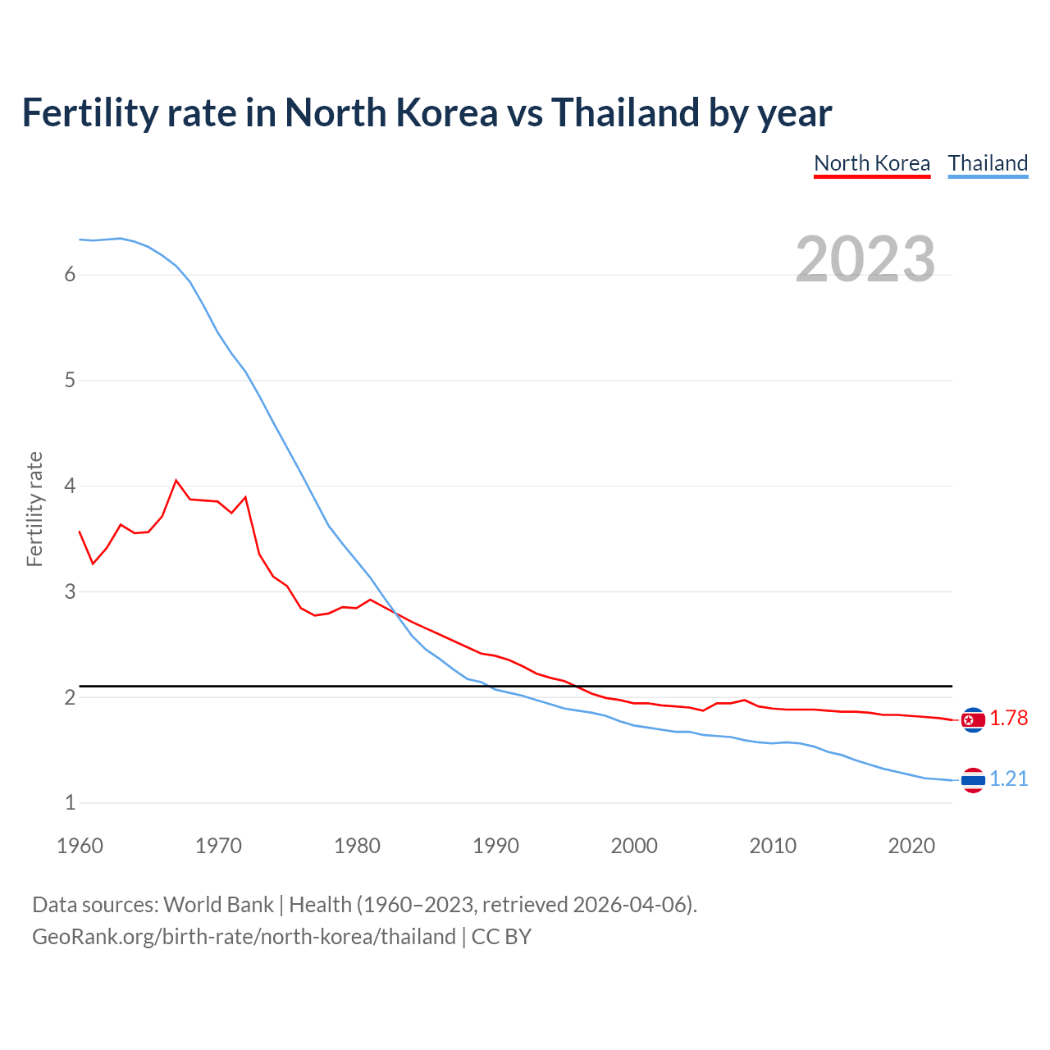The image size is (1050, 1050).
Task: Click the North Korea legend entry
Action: click(872, 163)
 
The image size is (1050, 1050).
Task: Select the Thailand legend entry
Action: click(988, 163)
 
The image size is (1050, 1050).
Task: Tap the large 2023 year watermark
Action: click(865, 259)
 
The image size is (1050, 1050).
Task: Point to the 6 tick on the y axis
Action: click(70, 275)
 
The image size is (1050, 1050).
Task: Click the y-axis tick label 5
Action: click(70, 381)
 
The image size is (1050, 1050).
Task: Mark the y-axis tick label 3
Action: click(70, 591)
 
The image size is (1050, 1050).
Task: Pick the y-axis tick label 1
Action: click(70, 803)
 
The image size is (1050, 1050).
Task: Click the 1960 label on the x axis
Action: click(80, 846)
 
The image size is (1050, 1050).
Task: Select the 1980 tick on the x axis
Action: click(357, 846)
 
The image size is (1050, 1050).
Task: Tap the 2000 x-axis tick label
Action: click(634, 846)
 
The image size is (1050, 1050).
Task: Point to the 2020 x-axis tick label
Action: click(911, 846)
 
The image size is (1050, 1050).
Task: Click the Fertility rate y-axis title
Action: click(34, 509)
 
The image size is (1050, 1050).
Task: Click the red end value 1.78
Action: click(1008, 719)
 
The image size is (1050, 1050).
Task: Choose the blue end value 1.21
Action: click(1008, 779)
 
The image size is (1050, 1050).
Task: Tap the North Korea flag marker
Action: click(973, 719)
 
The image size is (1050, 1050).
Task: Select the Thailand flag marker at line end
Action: click(973, 780)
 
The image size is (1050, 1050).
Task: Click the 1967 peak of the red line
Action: click(176, 481)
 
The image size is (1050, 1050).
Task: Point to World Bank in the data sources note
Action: click(218, 905)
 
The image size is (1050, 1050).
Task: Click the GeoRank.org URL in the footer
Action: click(244, 937)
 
